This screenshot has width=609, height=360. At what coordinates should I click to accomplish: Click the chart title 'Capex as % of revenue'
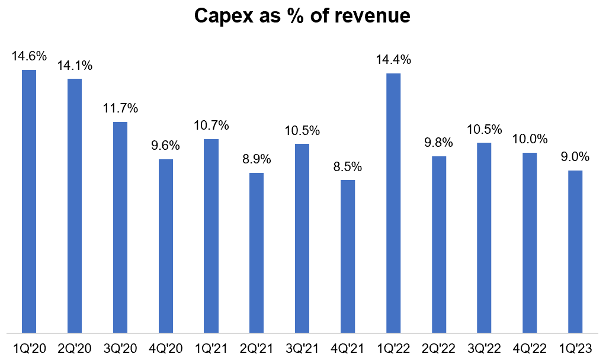click(x=302, y=16)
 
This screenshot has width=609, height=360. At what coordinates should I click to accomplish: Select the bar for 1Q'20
click(x=29, y=201)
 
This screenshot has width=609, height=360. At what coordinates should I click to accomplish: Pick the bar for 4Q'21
click(x=348, y=256)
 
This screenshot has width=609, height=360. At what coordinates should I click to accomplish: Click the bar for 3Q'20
click(x=120, y=227)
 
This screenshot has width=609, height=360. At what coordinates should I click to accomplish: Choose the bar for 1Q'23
click(x=575, y=252)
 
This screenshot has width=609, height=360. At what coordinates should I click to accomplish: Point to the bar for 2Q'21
click(x=257, y=253)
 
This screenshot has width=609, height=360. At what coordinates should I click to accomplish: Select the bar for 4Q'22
click(x=530, y=243)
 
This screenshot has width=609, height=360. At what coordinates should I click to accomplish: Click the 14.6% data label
click(x=29, y=56)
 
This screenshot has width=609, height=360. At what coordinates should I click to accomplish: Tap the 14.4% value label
click(x=393, y=60)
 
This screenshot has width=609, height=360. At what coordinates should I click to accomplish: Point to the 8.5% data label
click(x=348, y=166)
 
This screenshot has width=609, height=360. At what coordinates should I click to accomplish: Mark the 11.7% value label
click(x=120, y=108)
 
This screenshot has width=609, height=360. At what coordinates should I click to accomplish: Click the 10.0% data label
click(x=530, y=139)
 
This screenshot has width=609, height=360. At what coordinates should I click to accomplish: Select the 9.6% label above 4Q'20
click(x=166, y=146)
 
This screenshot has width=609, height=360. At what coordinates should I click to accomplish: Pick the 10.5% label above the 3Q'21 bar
click(x=302, y=130)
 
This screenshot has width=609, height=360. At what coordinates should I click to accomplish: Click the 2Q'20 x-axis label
click(x=75, y=348)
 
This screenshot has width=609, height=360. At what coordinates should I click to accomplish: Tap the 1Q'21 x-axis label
click(x=211, y=348)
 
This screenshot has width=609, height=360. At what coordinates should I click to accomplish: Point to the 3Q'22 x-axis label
click(x=484, y=348)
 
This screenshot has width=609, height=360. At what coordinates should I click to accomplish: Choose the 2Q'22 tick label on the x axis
click(x=438, y=348)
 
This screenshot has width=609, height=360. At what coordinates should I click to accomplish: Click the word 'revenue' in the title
click(x=372, y=16)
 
